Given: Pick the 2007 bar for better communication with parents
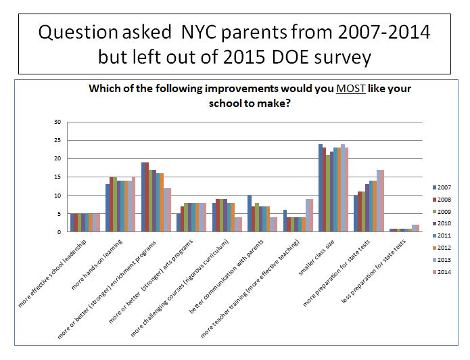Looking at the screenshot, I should [x=250, y=213].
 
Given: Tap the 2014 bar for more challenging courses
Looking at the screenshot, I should [x=239, y=224].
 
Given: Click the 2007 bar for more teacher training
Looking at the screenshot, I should [x=285, y=221].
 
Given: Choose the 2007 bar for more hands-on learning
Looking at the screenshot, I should [x=108, y=208].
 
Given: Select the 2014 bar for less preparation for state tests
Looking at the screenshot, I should [x=417, y=228].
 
